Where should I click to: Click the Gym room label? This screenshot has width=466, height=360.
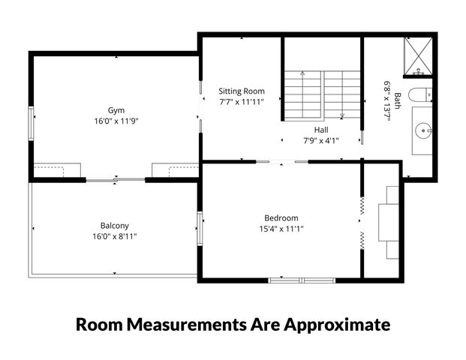tap(116, 109)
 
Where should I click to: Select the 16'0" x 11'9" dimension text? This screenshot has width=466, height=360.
tap(116, 120)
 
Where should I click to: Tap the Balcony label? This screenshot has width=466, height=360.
tap(115, 225)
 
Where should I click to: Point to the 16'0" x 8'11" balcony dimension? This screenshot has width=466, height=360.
tap(115, 235)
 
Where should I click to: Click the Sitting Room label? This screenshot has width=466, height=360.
tap(242, 90)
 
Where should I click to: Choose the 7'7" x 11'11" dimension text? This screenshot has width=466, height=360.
tap(242, 100)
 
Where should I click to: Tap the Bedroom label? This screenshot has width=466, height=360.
tap(281, 218)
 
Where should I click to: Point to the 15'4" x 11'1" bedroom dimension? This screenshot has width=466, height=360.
tap(281, 229)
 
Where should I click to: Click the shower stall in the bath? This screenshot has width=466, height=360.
tap(417, 57)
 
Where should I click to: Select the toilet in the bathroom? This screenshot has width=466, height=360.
tap(424, 95)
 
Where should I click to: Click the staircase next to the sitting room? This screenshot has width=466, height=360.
tap(322, 94)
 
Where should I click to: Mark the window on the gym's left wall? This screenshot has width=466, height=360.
tap(31, 123)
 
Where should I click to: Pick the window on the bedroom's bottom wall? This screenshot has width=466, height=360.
tap(299, 280)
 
